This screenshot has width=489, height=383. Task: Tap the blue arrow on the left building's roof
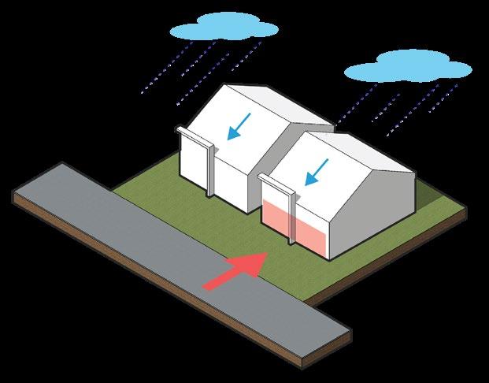point(239,126)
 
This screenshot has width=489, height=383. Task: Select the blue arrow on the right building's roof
point(317,170)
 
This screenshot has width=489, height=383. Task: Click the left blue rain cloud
point(222,29)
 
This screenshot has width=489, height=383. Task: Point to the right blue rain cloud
point(409,69)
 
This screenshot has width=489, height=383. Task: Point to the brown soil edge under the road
point(197,315)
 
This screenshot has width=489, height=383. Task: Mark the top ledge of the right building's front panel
point(276,184)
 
